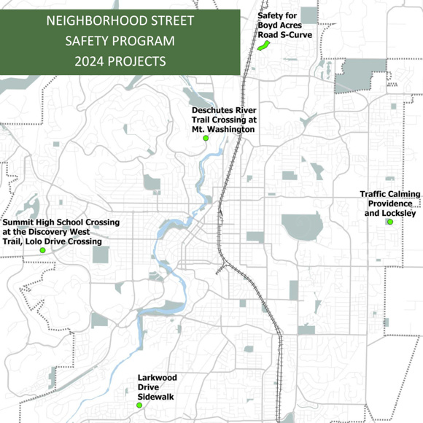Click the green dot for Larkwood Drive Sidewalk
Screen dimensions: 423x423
[x=139, y=405]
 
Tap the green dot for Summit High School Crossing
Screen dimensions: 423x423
[x=42, y=250]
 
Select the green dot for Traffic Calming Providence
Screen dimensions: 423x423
[x=390, y=222]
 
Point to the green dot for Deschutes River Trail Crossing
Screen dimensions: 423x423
[x=206, y=138]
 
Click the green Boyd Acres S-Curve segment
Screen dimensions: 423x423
[x=263, y=45]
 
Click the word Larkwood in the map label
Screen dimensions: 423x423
[x=158, y=378]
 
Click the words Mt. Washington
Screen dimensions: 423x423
[x=223, y=128]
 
